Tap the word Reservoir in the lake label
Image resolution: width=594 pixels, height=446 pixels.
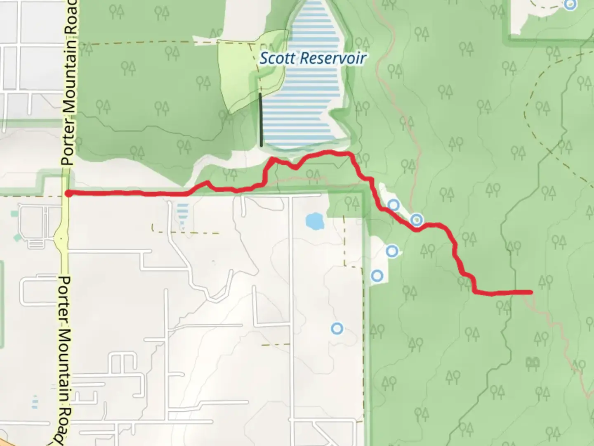(334, 58)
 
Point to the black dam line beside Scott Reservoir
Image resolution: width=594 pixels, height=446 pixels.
(261, 120)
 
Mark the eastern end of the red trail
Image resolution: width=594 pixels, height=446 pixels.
(530, 292)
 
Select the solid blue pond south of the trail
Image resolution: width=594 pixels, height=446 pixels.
(315, 221)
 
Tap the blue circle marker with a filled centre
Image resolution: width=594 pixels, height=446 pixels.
(417, 220)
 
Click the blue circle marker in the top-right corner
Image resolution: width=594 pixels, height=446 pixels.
(570, 5)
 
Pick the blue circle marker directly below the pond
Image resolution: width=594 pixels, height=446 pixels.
(337, 328)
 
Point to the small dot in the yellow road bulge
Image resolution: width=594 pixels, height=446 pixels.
(61, 238)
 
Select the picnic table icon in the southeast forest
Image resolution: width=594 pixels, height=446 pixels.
(533, 363)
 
